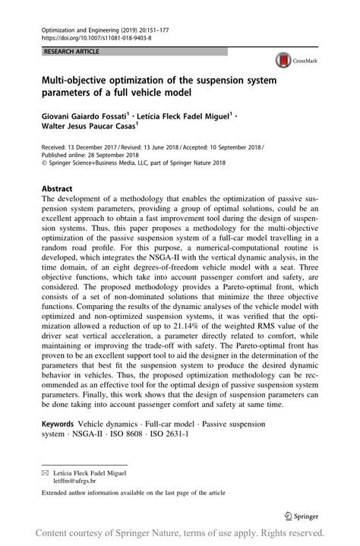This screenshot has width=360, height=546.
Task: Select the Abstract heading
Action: (58, 188)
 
